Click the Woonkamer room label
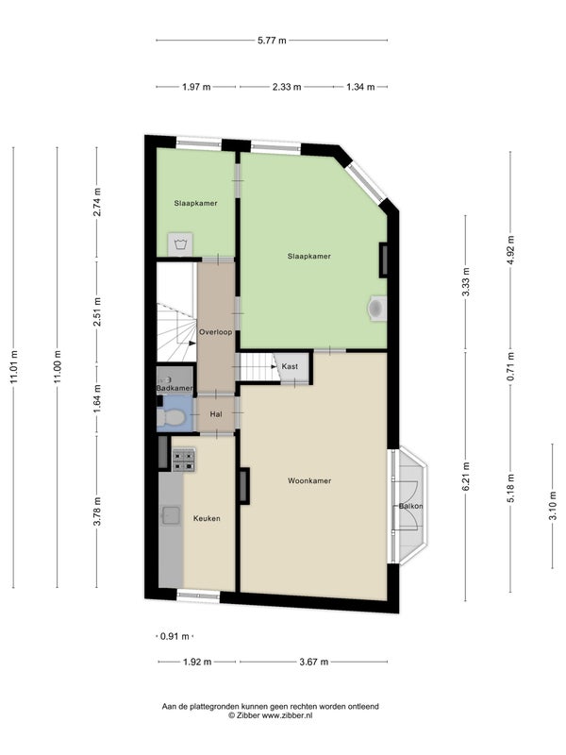tap(309, 480)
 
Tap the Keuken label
tap(207, 518)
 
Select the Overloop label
tap(216, 332)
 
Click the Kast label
tap(290, 366)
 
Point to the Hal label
tap(216, 414)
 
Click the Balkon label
tap(410, 506)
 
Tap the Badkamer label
tap(175, 388)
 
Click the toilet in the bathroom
tap(171, 418)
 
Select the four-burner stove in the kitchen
tap(184, 460)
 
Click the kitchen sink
tap(171, 515)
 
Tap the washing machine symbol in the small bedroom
tap(180, 244)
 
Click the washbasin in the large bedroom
tap(377, 308)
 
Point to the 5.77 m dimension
tap(272, 41)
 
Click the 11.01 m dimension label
tap(13, 367)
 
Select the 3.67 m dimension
tap(314, 662)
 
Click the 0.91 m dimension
tap(175, 636)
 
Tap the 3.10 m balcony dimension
tap(553, 506)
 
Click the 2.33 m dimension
tap(287, 87)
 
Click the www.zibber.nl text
tap(287, 715)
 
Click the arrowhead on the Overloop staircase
tap(192, 344)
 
